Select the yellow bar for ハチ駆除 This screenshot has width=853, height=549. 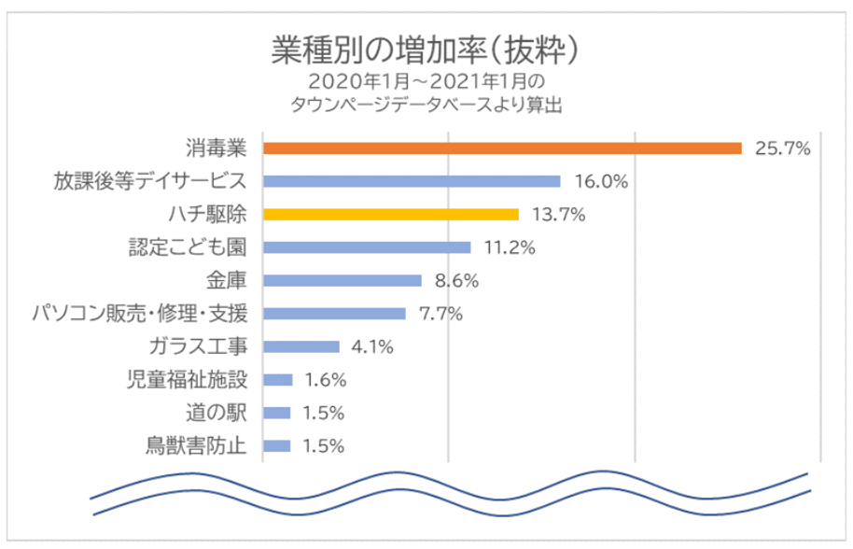click(x=391, y=214)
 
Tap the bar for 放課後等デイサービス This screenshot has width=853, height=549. click(x=412, y=181)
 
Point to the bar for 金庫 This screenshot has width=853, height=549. click(x=343, y=280)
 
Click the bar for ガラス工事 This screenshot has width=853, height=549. click(x=301, y=346)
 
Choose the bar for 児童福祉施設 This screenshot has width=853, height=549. click(x=278, y=379)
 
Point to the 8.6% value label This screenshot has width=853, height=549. click(x=456, y=280)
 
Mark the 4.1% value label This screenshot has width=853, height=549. click(x=371, y=346)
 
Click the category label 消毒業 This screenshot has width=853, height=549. click(x=216, y=148)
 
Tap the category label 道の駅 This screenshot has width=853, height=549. click(x=216, y=413)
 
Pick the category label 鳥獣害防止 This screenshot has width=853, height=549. click(x=197, y=445)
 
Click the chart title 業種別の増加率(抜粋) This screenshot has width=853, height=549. click(x=426, y=48)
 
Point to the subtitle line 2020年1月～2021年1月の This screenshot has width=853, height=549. click(x=426, y=81)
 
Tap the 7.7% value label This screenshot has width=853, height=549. click(x=440, y=314)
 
